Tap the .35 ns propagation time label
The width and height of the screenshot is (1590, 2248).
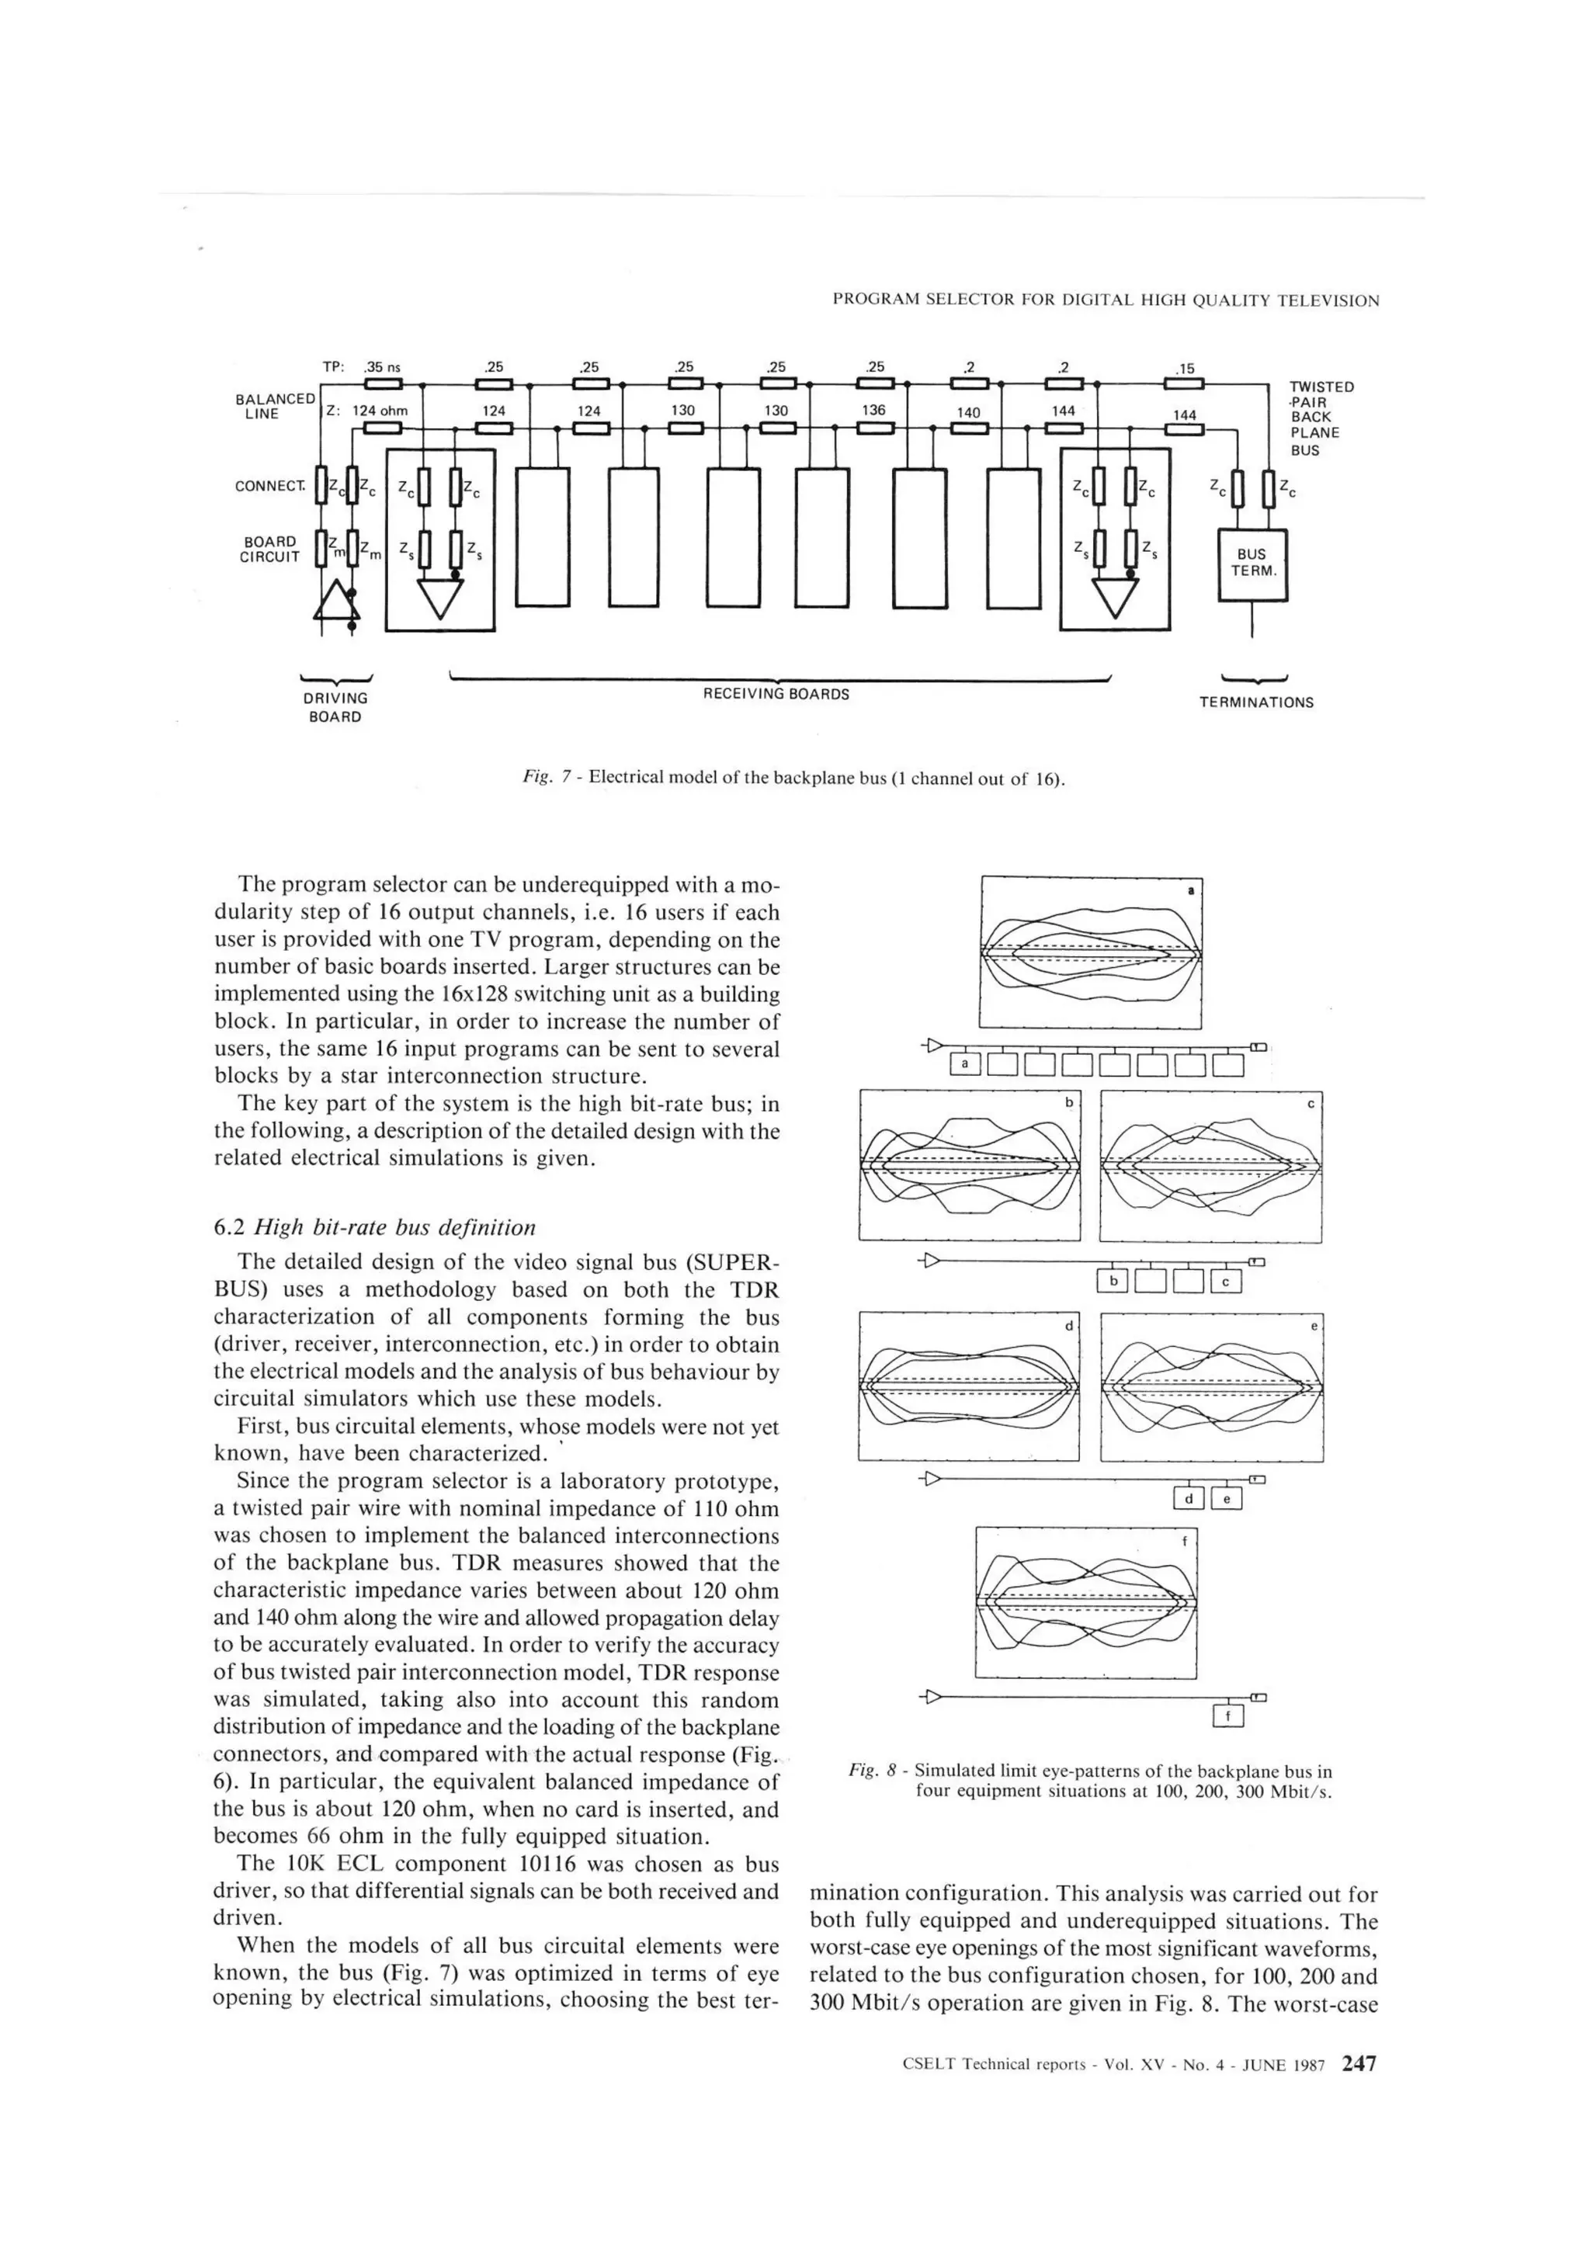382,367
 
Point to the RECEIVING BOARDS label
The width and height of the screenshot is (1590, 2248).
776,694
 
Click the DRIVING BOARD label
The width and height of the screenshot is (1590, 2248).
335,707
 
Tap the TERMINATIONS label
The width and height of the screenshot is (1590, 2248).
1256,702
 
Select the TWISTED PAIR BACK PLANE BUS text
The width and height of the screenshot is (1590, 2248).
1320,418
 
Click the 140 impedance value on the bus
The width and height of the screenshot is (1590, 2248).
968,412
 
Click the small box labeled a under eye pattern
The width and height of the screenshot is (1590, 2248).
965,1063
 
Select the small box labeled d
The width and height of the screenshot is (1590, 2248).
1188,1498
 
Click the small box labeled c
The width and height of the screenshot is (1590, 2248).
1226,1281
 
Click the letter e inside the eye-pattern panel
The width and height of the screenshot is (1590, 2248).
1314,1326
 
